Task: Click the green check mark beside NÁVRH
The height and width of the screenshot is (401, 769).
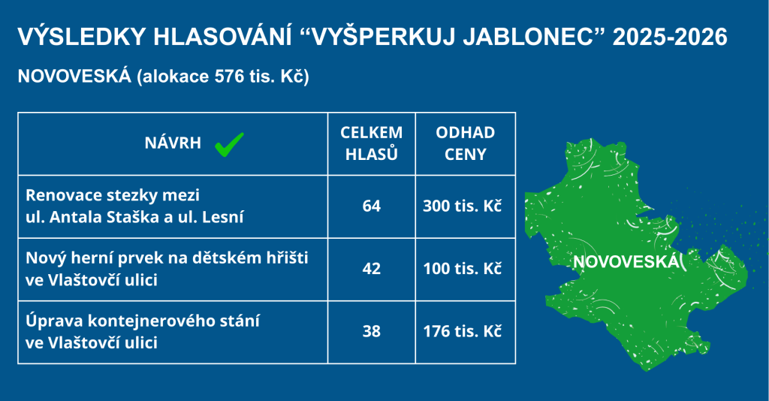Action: click(x=229, y=144)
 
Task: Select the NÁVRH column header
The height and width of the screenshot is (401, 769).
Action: click(x=173, y=143)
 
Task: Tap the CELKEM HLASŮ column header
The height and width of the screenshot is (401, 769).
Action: click(x=371, y=143)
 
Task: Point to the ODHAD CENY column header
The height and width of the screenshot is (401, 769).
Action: click(x=465, y=143)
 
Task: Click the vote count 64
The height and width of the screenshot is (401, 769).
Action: click(x=371, y=206)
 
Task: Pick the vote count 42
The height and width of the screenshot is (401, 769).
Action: click(x=371, y=269)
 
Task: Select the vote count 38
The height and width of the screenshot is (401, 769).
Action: click(x=371, y=331)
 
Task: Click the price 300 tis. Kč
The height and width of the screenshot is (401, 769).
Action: click(x=463, y=206)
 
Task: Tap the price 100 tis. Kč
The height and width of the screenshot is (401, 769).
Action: click(x=463, y=269)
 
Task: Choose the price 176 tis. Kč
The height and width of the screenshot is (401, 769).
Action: click(x=463, y=331)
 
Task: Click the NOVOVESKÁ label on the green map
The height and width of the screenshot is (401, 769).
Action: click(x=626, y=261)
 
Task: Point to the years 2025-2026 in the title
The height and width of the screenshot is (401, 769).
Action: click(x=670, y=38)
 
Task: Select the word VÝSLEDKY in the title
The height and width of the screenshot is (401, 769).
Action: click(x=82, y=36)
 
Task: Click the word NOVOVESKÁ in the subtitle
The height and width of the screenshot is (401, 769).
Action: click(x=74, y=76)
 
